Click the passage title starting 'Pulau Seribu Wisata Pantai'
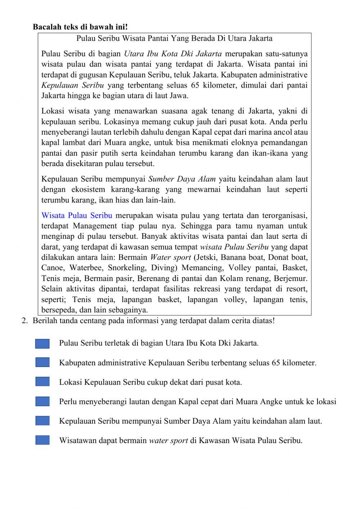(174, 38)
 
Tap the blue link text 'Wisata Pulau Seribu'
(77, 216)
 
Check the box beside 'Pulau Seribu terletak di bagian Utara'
(42, 344)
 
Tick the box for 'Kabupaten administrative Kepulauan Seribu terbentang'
(42, 362)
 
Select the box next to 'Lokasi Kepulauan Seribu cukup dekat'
(42, 382)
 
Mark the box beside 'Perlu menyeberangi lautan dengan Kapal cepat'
(42, 401)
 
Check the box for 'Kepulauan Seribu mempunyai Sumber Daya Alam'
(42, 421)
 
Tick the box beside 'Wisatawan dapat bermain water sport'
(42, 440)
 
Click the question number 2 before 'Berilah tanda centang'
(24, 321)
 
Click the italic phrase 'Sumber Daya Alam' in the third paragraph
(182, 179)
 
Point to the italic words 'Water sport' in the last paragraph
(170, 258)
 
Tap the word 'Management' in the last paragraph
(95, 226)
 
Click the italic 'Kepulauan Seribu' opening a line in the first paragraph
(72, 86)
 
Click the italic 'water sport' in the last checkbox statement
(168, 441)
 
